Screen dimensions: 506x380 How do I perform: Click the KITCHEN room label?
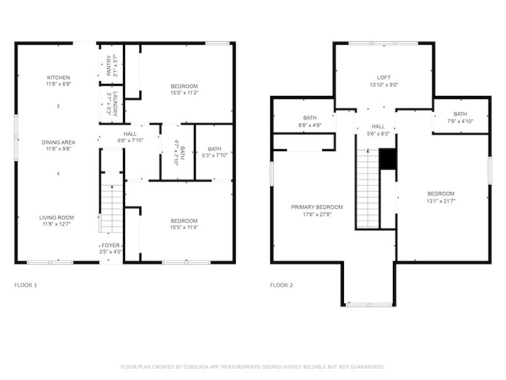click(x=58, y=78)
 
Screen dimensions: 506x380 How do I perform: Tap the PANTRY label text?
click(x=109, y=66)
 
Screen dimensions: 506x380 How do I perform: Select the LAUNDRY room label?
click(x=115, y=104)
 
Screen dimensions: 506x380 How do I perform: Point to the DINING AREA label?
click(x=58, y=142)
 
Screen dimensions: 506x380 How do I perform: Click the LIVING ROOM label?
click(x=56, y=218)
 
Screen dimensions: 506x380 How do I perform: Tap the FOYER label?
click(x=111, y=245)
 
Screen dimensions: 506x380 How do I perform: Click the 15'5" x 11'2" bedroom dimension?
click(x=184, y=93)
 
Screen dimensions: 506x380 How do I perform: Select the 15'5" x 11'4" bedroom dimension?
click(x=184, y=228)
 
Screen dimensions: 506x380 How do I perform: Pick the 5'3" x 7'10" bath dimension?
click(x=214, y=155)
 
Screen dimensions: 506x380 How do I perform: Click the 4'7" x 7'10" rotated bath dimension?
click(x=176, y=152)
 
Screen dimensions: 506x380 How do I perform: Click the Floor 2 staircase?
click(x=368, y=189)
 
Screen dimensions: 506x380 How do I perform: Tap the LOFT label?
click(x=384, y=78)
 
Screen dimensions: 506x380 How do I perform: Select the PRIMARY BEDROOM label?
click(x=317, y=207)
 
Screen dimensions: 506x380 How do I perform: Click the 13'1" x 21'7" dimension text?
click(x=441, y=201)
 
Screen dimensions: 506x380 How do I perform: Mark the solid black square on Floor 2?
click(x=387, y=159)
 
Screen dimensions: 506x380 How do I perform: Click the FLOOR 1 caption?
click(x=26, y=285)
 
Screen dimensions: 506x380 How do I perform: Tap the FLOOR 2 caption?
click(x=282, y=285)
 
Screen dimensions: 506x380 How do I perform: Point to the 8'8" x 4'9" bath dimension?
click(x=310, y=125)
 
